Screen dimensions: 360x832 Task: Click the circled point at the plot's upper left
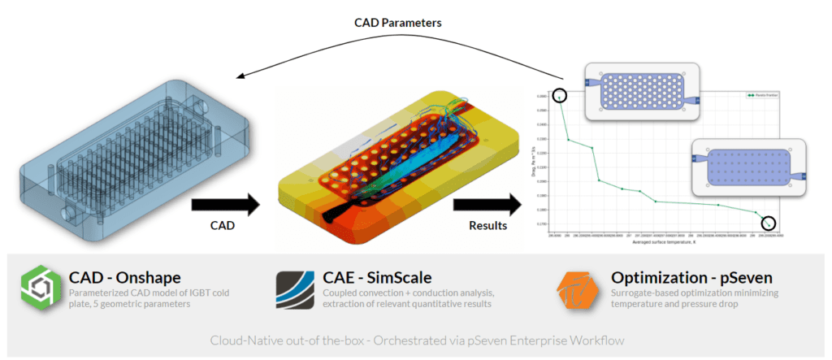click(559, 96)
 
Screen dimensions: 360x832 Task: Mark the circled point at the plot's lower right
click(768, 223)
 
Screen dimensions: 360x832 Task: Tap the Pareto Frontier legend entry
click(760, 95)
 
